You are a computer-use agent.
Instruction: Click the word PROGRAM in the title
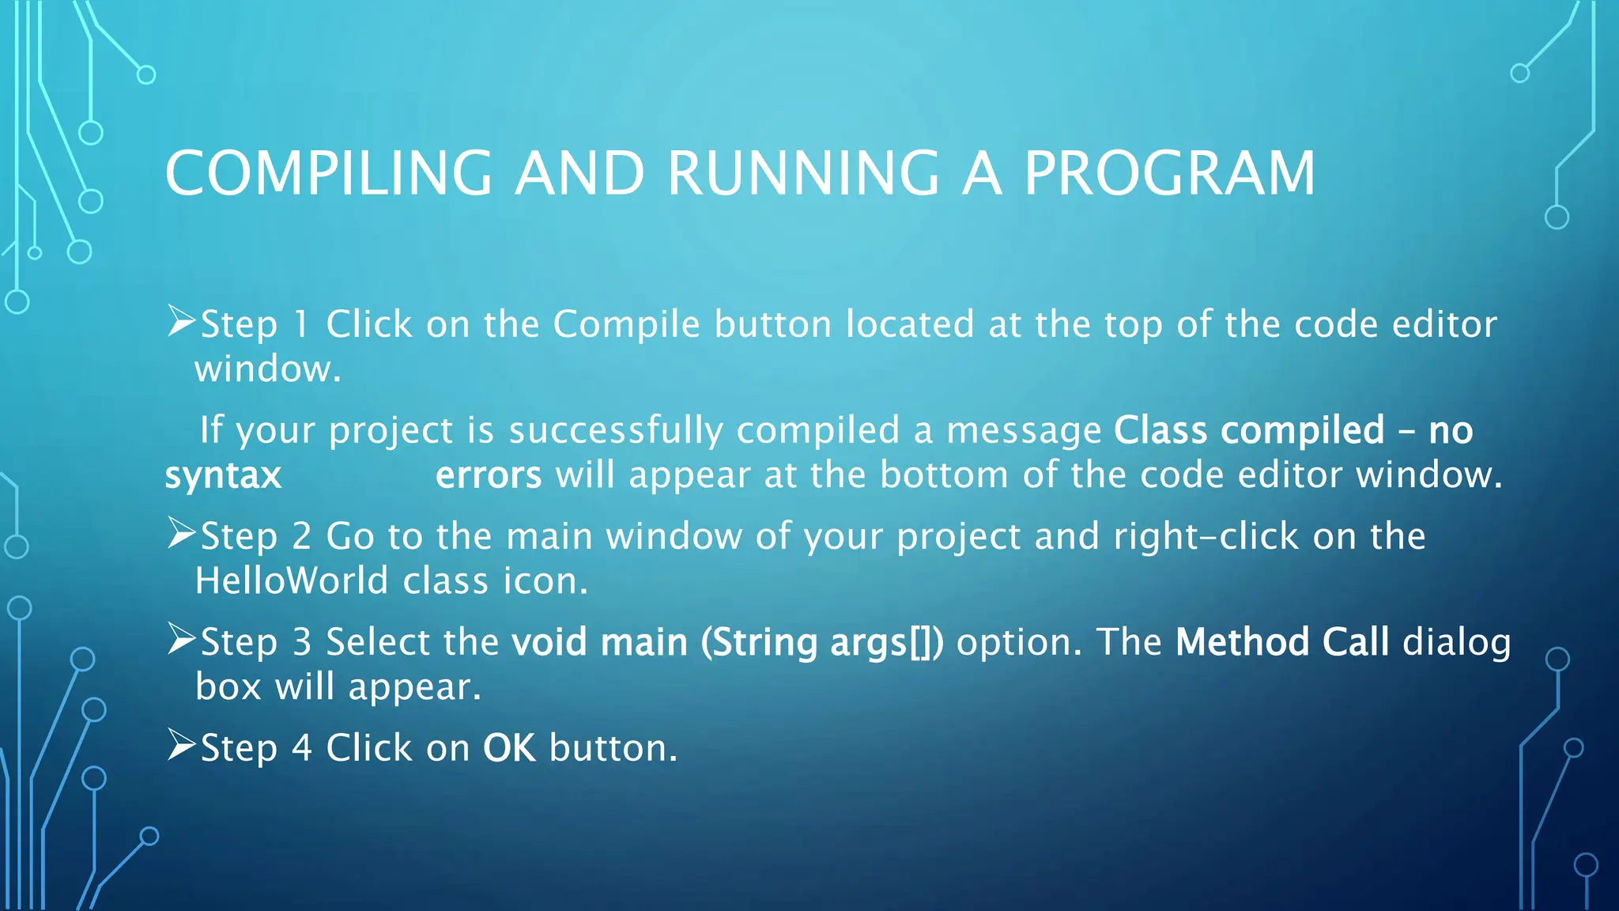(x=1170, y=173)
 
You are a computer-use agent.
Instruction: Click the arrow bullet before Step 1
(x=181, y=323)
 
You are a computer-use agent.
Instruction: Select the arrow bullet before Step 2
(x=181, y=535)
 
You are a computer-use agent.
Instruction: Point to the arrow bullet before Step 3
(x=181, y=640)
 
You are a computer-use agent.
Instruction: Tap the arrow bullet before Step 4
(x=181, y=746)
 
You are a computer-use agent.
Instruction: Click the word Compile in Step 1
(x=626, y=324)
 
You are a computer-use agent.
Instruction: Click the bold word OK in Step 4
(x=509, y=748)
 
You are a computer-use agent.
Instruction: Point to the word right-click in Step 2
(x=1206, y=537)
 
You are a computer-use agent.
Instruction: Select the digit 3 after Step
(x=302, y=642)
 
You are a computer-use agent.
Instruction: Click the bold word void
(x=549, y=642)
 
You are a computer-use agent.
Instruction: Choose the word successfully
(x=616, y=432)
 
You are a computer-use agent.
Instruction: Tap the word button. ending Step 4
(x=613, y=748)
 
